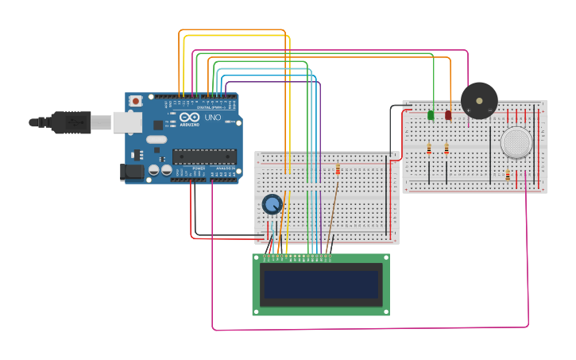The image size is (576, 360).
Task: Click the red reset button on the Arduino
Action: (136, 101)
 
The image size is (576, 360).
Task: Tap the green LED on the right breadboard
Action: (431, 115)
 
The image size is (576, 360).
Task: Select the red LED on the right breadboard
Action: (448, 115)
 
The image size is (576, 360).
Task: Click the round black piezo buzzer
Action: (479, 101)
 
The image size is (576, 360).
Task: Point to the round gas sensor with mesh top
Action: (516, 142)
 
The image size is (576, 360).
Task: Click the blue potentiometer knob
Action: (273, 204)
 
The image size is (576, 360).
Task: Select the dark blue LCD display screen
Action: (321, 285)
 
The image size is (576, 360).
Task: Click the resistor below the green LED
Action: (429, 149)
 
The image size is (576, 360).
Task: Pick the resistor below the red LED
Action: (446, 149)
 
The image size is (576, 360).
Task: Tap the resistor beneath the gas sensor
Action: (508, 176)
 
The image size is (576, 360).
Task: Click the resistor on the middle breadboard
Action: (338, 169)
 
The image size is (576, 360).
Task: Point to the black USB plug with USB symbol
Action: (72, 122)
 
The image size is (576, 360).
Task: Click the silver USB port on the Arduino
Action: (126, 122)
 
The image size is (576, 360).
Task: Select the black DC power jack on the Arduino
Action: (132, 172)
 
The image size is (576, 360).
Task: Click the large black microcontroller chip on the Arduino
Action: (204, 157)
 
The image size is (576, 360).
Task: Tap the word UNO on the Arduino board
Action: (212, 118)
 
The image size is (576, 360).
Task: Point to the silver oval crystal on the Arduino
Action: (157, 139)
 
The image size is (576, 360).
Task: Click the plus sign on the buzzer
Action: (469, 110)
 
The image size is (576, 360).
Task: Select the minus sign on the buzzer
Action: (490, 110)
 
